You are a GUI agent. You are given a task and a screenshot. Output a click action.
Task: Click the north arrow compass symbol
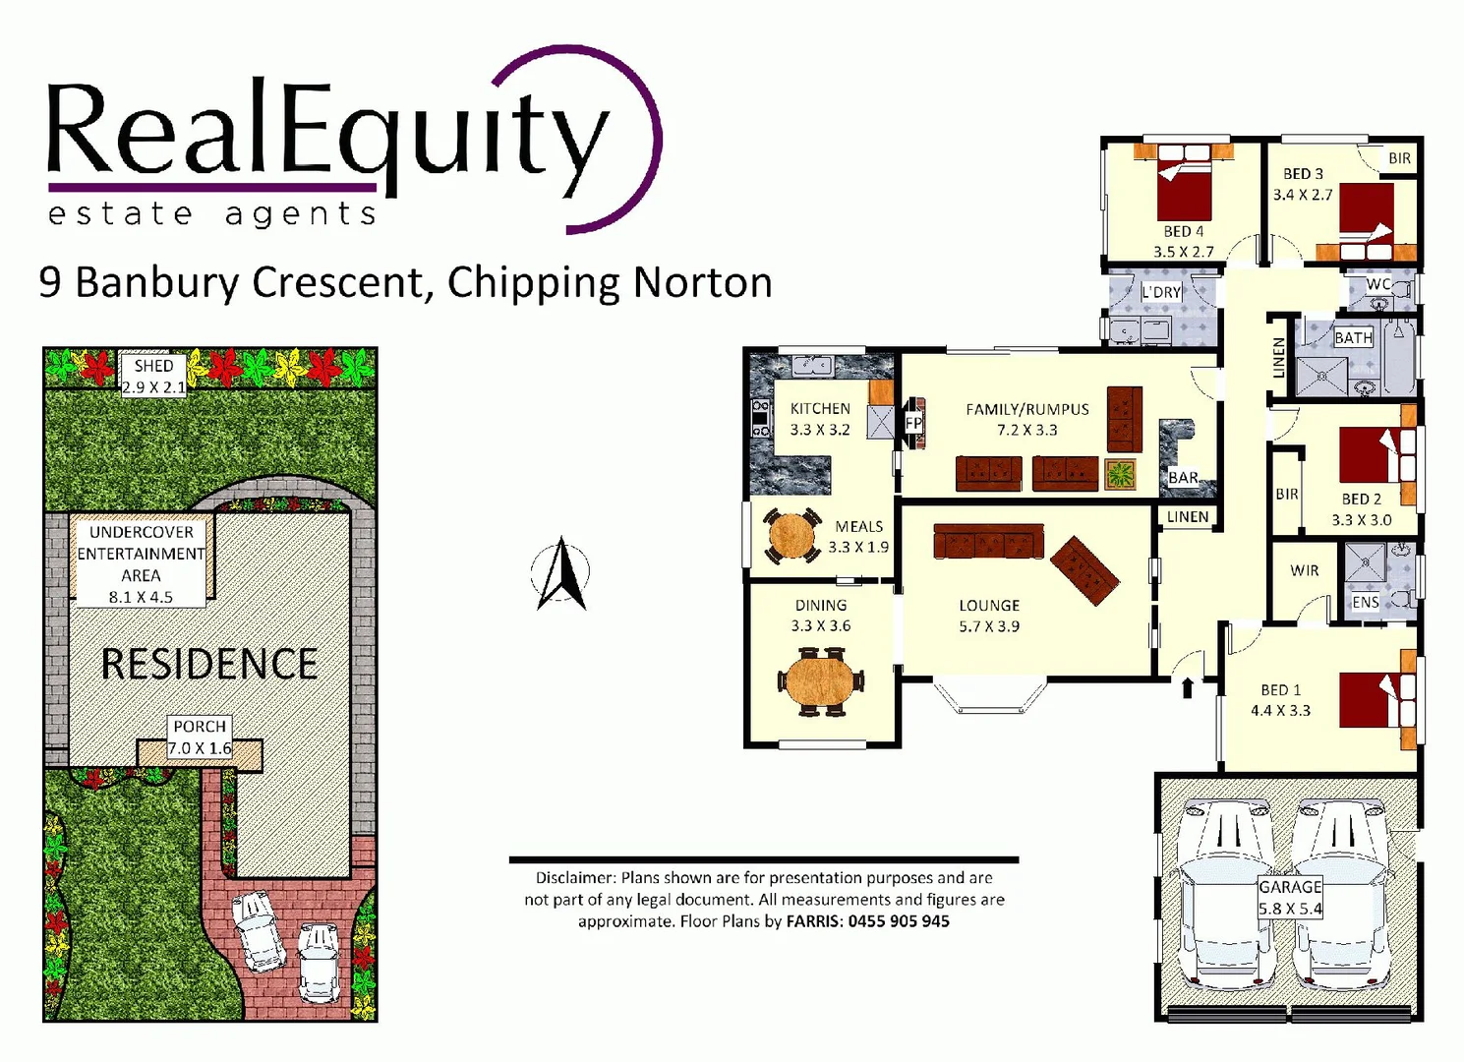(x=561, y=574)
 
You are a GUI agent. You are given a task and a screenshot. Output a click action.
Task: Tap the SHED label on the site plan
(x=153, y=366)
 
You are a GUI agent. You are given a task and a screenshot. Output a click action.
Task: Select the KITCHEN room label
(x=820, y=409)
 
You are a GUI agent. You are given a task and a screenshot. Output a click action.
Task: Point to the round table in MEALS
(x=791, y=536)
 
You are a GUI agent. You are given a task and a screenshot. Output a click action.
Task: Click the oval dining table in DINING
(x=820, y=680)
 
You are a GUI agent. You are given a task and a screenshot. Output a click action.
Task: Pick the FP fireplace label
(x=913, y=424)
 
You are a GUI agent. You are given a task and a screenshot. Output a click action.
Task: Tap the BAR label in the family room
(x=1183, y=478)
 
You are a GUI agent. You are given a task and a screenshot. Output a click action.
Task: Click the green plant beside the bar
(x=1120, y=474)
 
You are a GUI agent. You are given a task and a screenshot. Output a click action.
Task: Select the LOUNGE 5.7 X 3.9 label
(x=989, y=616)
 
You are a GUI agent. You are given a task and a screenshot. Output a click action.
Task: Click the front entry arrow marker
(x=1187, y=687)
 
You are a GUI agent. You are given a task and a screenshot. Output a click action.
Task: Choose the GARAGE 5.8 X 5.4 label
(x=1290, y=898)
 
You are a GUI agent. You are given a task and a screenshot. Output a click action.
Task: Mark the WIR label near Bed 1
(x=1305, y=570)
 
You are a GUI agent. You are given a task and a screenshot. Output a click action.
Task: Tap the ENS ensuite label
(x=1366, y=602)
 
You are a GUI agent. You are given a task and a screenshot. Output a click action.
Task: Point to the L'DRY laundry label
(x=1161, y=292)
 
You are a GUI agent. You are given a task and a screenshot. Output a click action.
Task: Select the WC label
(x=1377, y=284)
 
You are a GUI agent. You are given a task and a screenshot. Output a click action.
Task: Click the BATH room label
(x=1353, y=338)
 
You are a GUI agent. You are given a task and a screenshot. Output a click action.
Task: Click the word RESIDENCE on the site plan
(x=209, y=665)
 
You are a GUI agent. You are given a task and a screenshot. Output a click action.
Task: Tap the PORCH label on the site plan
(x=200, y=727)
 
